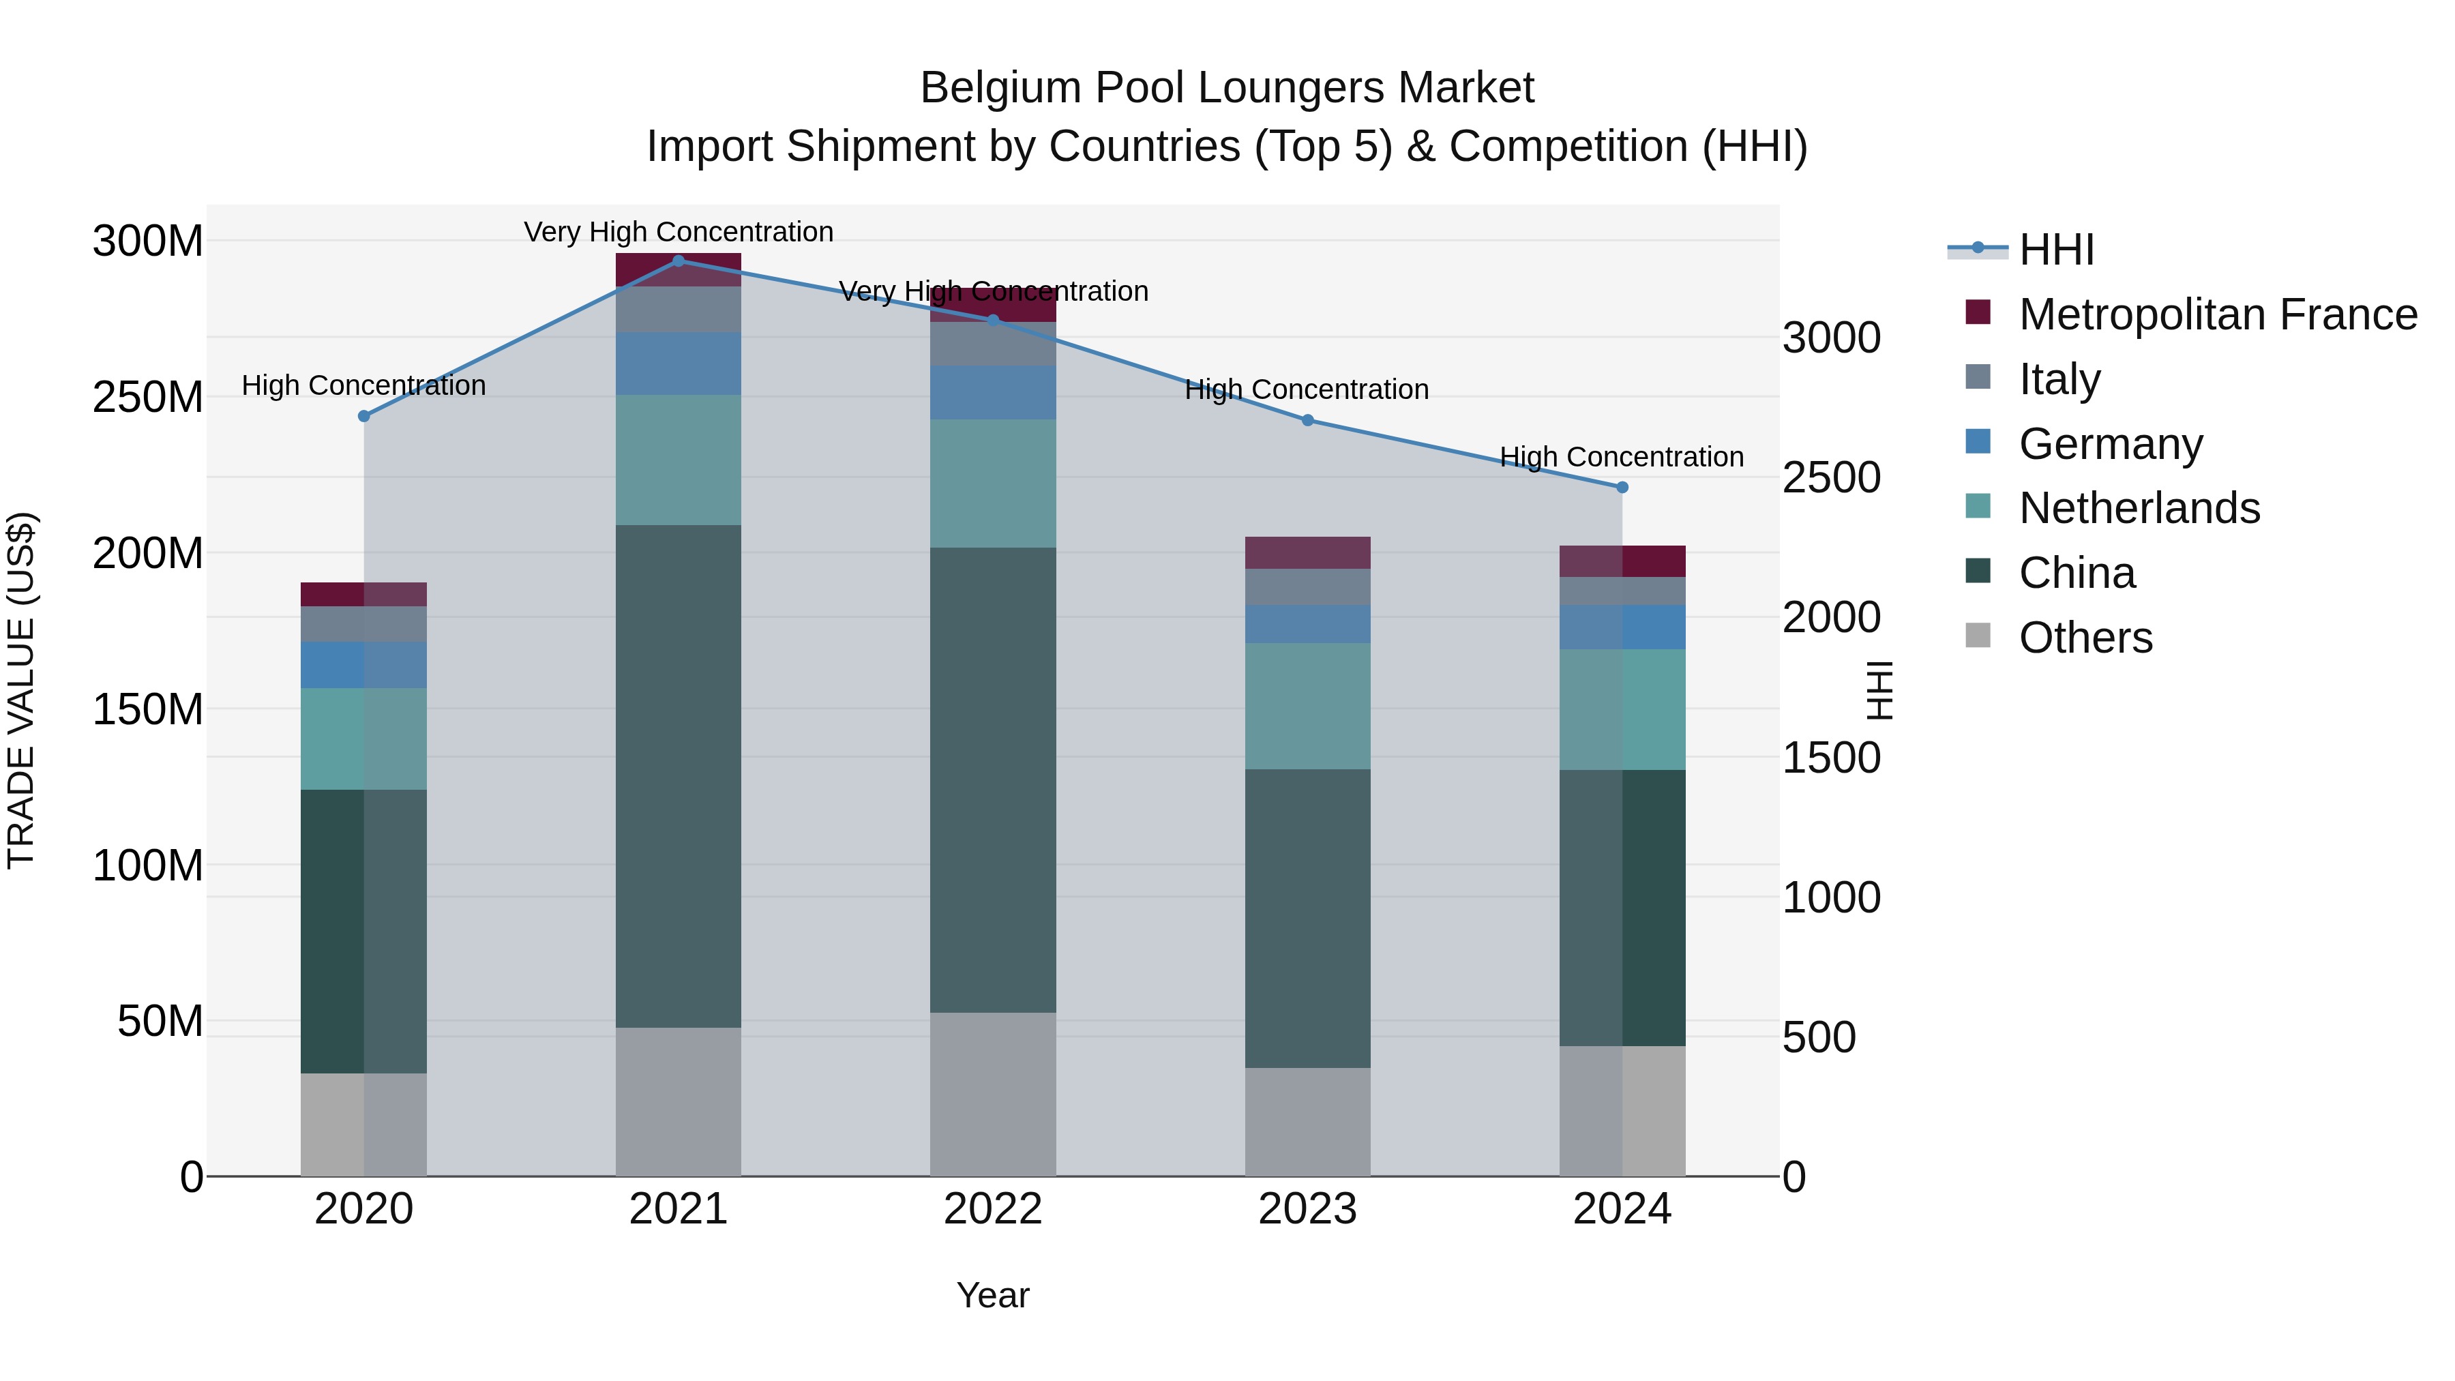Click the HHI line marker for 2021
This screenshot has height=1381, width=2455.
[679, 261]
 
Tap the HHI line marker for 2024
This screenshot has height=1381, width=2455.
[1622, 487]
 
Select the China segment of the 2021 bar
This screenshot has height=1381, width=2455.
[679, 776]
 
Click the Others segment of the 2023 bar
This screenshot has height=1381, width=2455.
[1307, 1122]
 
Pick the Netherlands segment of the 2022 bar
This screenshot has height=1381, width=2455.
[993, 484]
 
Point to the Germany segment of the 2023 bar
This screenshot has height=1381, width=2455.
[1307, 623]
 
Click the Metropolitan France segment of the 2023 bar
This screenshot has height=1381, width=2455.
[1307, 553]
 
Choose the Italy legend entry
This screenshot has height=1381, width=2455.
[2059, 379]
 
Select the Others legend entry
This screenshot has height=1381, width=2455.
[2084, 638]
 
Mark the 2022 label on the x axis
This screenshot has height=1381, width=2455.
[993, 1209]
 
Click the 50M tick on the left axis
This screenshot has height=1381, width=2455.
[159, 1022]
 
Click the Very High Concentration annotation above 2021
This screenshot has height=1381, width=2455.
[679, 232]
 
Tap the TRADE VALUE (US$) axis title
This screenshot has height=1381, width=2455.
[21, 690]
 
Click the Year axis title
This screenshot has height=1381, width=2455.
[992, 1295]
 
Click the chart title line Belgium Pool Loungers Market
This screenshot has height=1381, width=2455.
[1227, 88]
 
